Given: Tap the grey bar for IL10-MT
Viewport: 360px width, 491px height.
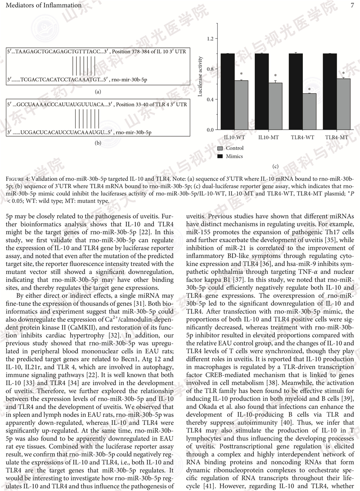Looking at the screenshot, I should [x=275, y=106].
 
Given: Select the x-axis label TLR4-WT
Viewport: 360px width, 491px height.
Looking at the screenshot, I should [x=302, y=136].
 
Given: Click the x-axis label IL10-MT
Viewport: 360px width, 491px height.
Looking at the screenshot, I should [x=268, y=136].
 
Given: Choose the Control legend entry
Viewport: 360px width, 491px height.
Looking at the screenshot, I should [x=234, y=148].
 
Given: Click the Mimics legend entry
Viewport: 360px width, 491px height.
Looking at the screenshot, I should [x=234, y=156].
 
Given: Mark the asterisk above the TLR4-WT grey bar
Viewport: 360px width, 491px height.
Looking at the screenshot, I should [x=309, y=90].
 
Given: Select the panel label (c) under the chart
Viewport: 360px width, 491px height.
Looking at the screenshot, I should [x=276, y=167].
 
